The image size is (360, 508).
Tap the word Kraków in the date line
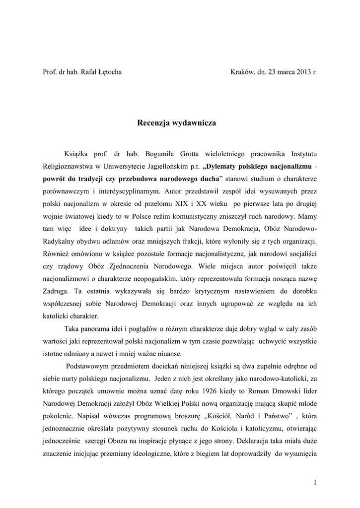pos(242,71)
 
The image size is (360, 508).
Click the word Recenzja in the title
pos(157,122)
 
